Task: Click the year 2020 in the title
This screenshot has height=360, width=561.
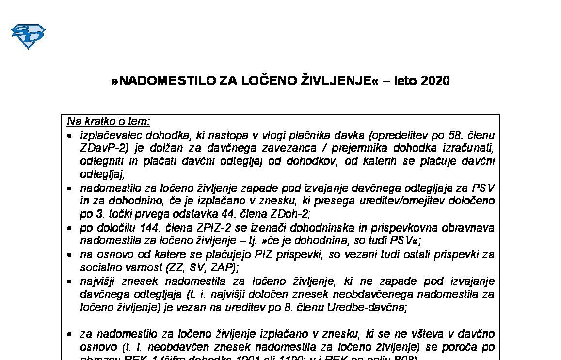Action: [435, 81]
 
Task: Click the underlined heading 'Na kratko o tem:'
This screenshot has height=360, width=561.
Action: [109, 121]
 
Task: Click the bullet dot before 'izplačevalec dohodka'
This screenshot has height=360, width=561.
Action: [71, 135]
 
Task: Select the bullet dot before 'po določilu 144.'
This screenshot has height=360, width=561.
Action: [71, 228]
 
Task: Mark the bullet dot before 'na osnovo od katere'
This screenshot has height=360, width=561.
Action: [71, 254]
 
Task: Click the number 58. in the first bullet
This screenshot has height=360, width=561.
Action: [454, 135]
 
